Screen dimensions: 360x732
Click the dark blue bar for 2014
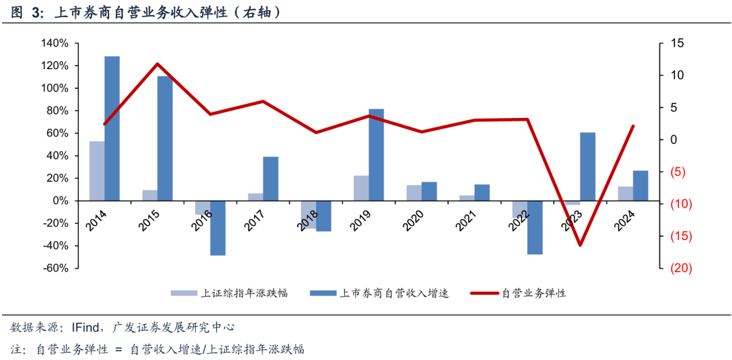(112, 129)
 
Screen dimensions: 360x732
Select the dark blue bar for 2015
(165, 138)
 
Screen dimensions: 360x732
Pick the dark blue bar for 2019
(376, 155)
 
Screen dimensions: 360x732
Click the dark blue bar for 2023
(588, 166)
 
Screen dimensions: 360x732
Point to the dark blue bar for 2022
(535, 227)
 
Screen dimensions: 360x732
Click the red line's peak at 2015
(157, 64)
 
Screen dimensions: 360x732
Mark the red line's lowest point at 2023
(580, 245)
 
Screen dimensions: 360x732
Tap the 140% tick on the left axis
(54, 43)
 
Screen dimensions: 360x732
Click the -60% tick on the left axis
(54, 268)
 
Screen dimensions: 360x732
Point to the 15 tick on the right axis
(676, 43)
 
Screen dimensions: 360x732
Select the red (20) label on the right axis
(680, 268)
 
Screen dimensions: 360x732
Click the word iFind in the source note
(86, 327)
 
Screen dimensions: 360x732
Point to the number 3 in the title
(33, 12)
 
